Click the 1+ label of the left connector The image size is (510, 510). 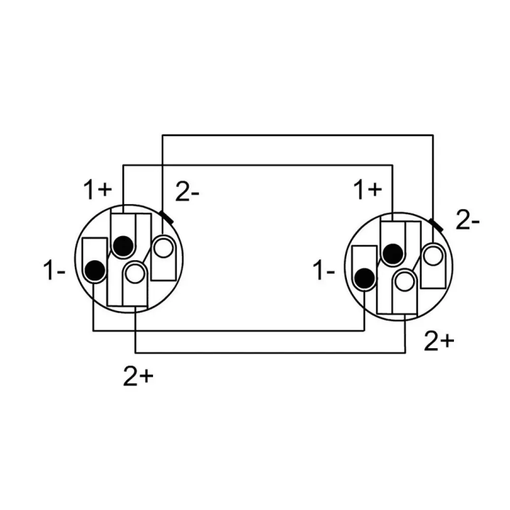click(x=98, y=189)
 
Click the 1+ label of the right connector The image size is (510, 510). click(x=367, y=189)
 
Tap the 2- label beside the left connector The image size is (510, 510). click(x=187, y=192)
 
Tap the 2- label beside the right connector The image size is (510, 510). click(x=468, y=220)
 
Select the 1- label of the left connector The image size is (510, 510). click(x=54, y=270)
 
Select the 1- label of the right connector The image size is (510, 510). click(x=323, y=270)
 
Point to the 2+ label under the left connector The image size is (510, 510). click(x=138, y=377)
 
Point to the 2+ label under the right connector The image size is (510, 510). click(x=439, y=341)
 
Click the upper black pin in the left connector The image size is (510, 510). click(x=123, y=246)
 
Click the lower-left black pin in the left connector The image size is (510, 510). click(x=95, y=270)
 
